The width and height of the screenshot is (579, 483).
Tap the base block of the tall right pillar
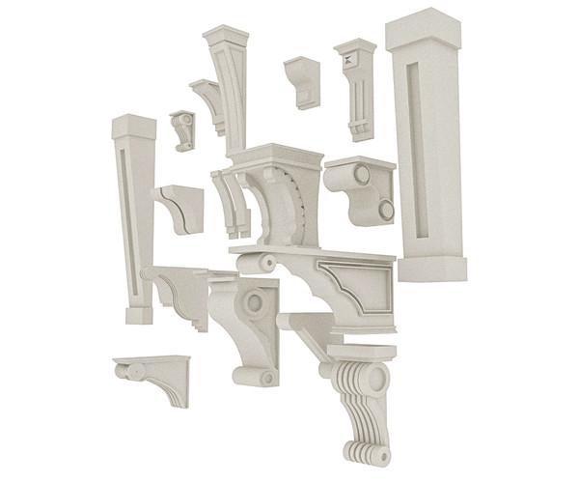coord(433,266)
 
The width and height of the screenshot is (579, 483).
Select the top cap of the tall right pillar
coord(426,29)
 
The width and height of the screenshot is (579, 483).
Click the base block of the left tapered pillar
coord(137,314)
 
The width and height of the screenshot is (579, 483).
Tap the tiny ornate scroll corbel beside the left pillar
coord(182,128)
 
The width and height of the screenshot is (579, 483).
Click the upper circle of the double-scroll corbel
coord(362,175)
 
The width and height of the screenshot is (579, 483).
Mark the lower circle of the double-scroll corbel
coord(385,208)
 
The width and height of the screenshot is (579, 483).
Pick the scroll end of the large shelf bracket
coord(266,262)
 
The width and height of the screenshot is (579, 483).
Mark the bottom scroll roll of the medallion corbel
coord(262,375)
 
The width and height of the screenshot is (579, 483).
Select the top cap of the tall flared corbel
coord(226,38)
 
